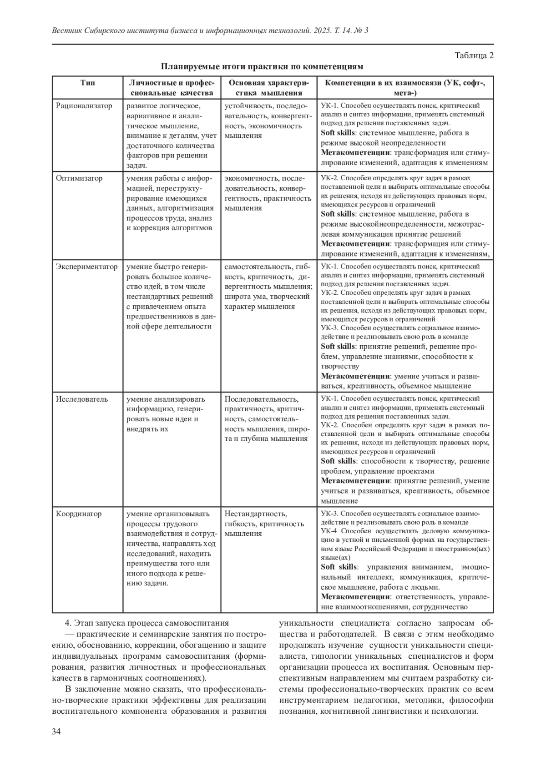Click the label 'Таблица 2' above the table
[x=474, y=56]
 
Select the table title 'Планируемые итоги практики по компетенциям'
[x=262, y=67]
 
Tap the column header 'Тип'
[x=88, y=83]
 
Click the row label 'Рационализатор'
[x=84, y=106]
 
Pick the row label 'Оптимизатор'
[x=79, y=178]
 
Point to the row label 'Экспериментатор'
[x=87, y=267]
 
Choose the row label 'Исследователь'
[x=82, y=399]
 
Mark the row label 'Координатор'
[x=79, y=514]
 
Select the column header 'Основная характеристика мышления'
[x=268, y=87]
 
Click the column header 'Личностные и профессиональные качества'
[x=171, y=87]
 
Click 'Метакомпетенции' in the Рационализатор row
[x=356, y=152]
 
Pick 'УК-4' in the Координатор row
[x=329, y=531]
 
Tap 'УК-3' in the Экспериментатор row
[x=329, y=328]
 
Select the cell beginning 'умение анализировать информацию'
[x=166, y=414]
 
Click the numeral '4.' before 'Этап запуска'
[x=69, y=623]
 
